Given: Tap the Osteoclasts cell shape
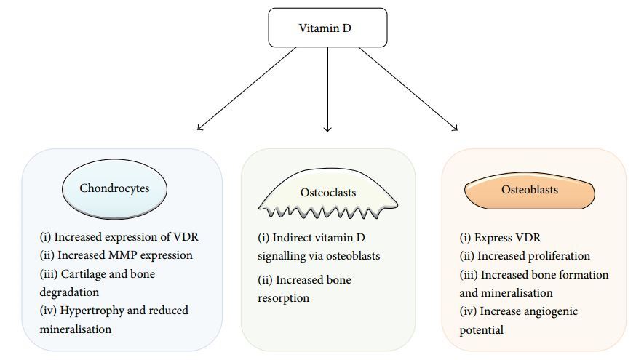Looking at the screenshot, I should coord(328,193).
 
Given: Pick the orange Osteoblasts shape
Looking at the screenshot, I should coord(530,191).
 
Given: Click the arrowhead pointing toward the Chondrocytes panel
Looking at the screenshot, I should coord(200,129).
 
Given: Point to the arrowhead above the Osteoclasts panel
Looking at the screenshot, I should coord(327,129).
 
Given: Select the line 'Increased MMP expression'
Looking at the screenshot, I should coord(116,255).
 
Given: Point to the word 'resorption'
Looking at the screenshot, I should coord(285,298).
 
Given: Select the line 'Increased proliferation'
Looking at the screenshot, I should coord(524,256).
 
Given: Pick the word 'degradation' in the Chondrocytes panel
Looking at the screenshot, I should coord(70,292).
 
